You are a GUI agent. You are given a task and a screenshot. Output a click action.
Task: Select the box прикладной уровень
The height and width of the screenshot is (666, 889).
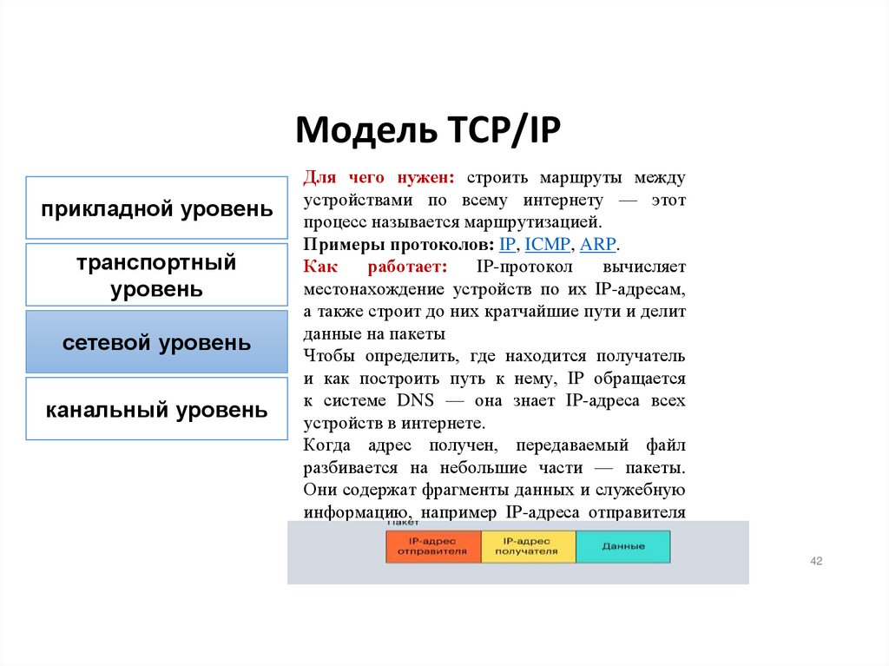[156, 208]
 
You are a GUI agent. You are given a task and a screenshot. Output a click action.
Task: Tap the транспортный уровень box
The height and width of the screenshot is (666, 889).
[156, 275]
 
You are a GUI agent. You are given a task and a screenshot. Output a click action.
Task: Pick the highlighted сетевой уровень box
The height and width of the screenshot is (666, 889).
[156, 342]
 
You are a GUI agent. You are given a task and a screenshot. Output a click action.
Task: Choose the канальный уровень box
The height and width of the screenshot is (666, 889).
[156, 410]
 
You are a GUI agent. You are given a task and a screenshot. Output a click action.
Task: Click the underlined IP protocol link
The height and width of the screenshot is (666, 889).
[507, 245]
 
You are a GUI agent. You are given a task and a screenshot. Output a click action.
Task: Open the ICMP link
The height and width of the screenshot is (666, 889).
[547, 245]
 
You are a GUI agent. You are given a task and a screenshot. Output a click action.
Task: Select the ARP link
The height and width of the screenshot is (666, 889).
[598, 245]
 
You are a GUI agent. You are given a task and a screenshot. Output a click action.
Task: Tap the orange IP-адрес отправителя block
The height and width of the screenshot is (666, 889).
[432, 546]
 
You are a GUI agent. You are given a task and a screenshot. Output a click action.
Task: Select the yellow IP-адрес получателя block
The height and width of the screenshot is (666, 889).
[528, 546]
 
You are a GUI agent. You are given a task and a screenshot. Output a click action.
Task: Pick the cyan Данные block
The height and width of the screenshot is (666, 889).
[623, 546]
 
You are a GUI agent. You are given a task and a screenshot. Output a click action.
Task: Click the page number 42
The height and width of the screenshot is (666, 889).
[815, 562]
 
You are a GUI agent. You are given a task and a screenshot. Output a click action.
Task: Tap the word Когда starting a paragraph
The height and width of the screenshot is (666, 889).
[326, 445]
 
